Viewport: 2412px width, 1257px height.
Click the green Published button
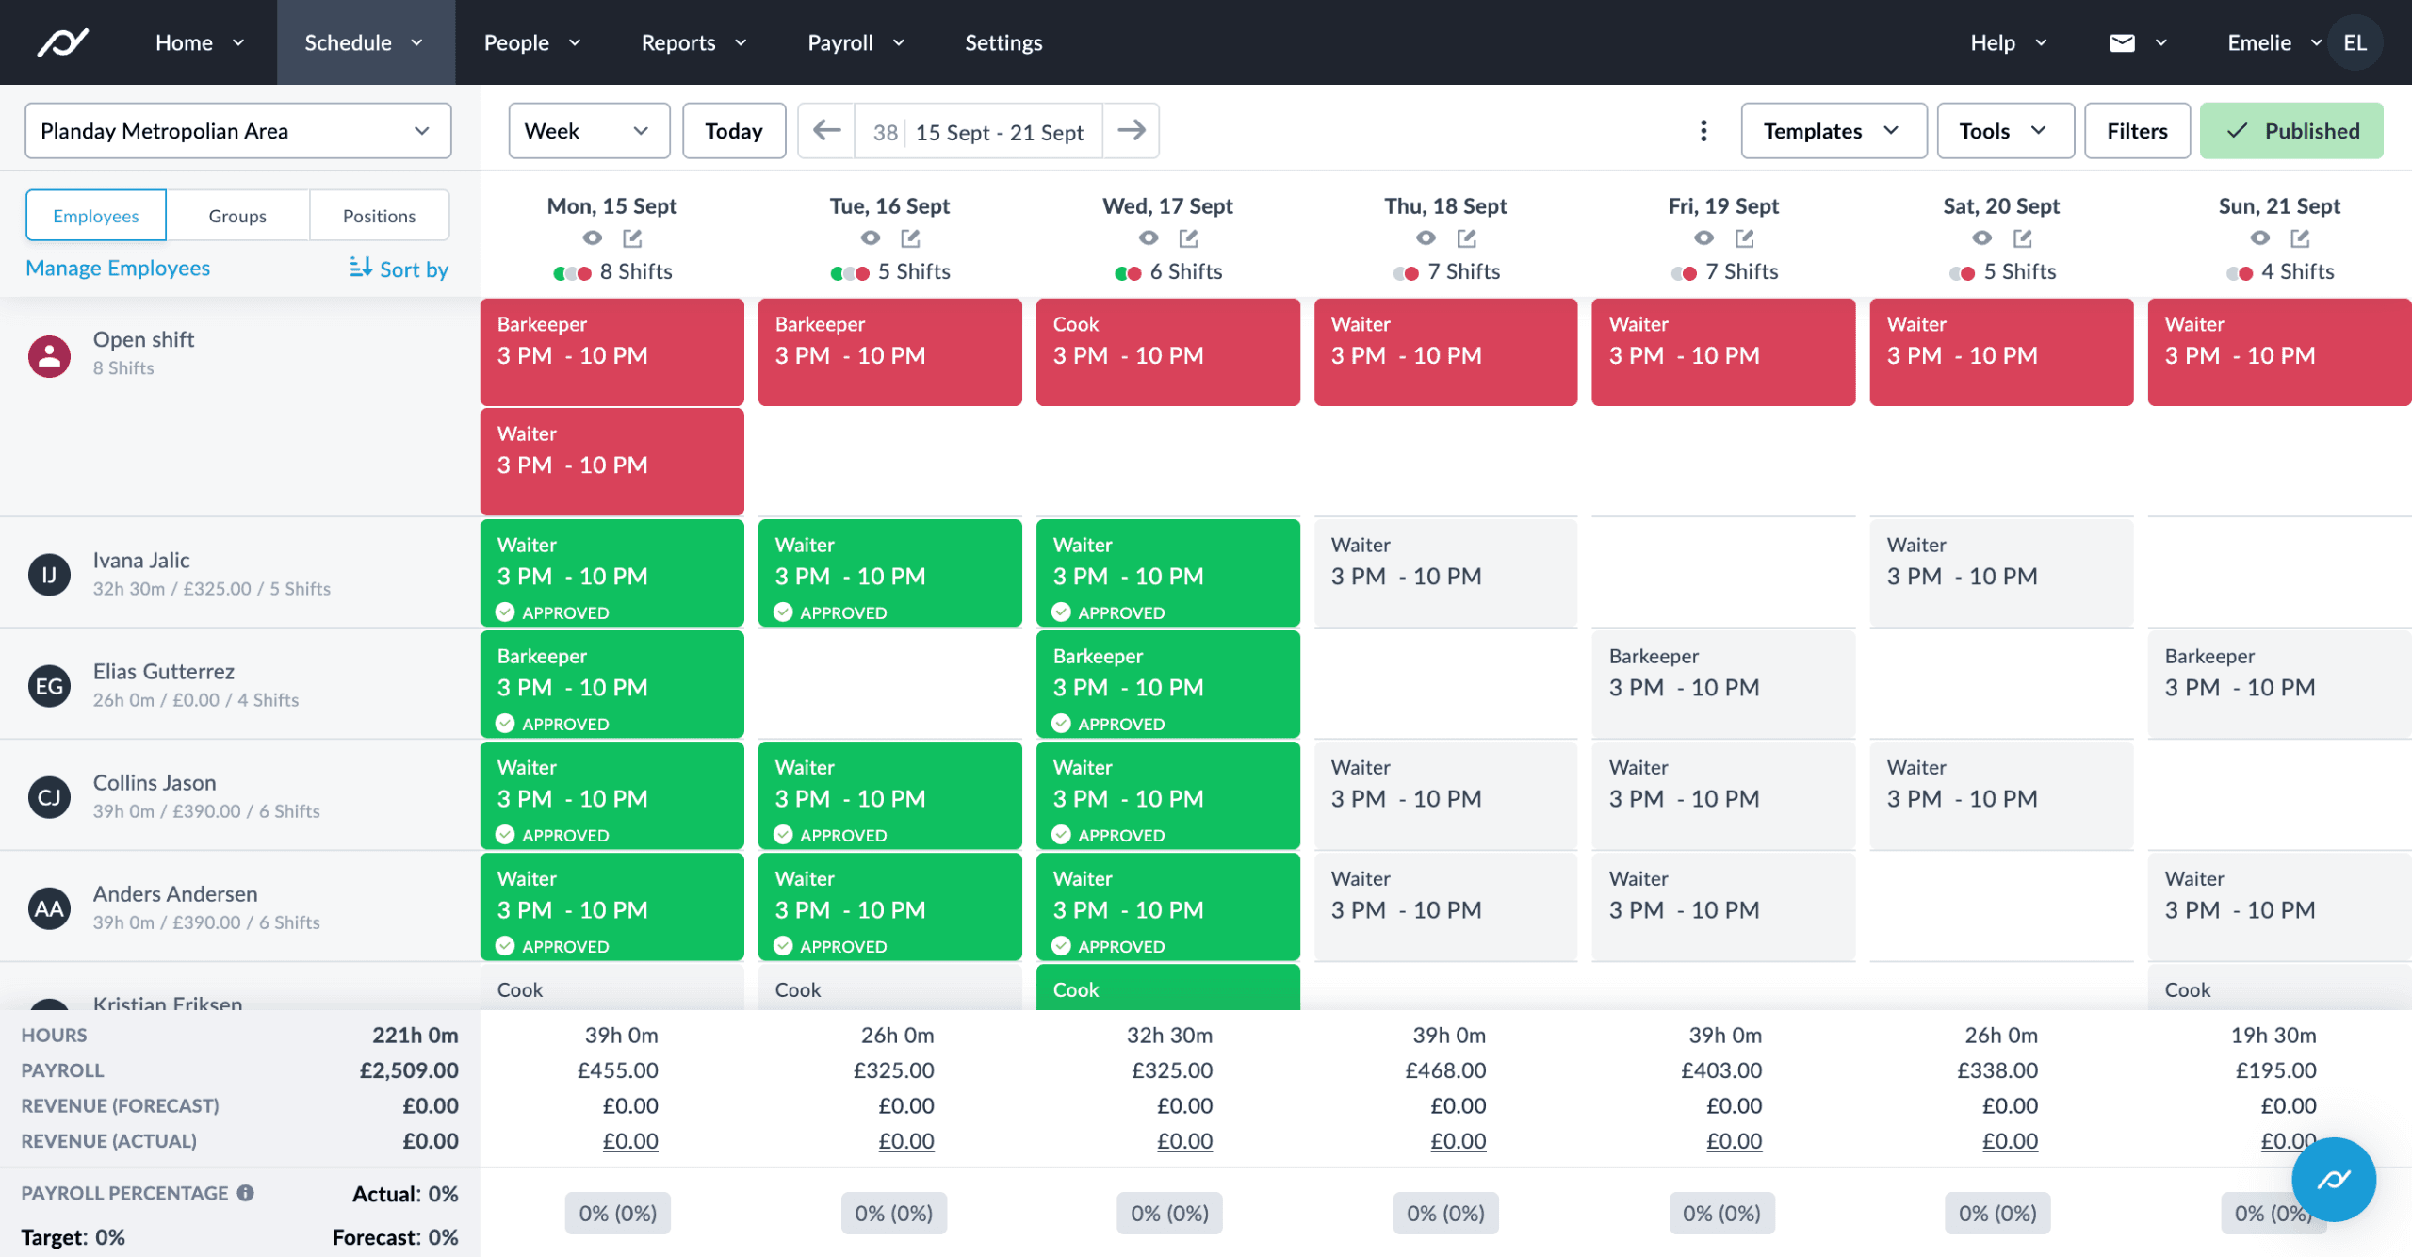2291,131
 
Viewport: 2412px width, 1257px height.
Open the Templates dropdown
1833,131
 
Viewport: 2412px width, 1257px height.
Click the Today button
733,131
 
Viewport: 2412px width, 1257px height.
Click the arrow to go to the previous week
826,131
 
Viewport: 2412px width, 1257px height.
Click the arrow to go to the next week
1131,131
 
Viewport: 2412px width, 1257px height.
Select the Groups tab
237,216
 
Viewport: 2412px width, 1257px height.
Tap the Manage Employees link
118,269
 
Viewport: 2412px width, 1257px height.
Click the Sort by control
399,269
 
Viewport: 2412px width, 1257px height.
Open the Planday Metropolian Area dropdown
237,131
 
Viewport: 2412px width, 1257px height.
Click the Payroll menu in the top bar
856,42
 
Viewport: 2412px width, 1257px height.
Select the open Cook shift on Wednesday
1167,351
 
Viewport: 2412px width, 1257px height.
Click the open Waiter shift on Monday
611,461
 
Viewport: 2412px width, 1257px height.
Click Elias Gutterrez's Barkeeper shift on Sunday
2278,683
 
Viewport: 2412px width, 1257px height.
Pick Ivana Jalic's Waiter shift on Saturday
2000,572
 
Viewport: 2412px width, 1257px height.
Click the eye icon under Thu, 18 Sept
1426,238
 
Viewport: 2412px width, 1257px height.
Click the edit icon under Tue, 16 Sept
910,238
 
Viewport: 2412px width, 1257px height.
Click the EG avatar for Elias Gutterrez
49,686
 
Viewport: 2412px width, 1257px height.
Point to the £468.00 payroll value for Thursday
1445,1070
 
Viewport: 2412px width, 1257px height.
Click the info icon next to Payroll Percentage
246,1193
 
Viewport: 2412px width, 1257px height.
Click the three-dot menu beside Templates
1703,131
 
